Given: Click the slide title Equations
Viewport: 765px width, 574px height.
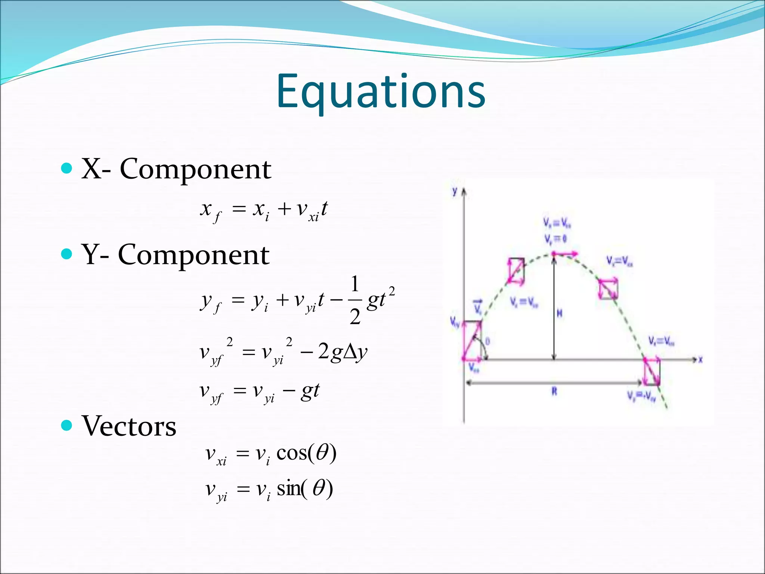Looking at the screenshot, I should click(381, 92).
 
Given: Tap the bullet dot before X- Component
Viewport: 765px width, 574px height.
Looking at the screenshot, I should click(66, 169).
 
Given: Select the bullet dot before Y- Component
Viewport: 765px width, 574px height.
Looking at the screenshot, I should click(66, 254).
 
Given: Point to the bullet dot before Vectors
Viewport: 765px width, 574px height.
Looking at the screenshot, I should click(66, 425).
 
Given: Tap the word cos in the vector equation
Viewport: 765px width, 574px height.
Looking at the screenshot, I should click(291, 453).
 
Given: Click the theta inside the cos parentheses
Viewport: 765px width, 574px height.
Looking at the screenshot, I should click(322, 453).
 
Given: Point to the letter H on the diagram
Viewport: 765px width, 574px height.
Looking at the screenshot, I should click(559, 313).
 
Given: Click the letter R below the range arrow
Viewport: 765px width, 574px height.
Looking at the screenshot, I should click(554, 392).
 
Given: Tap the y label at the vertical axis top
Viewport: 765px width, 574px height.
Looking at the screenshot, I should click(455, 191).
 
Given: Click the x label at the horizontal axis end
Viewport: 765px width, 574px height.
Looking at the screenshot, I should click(700, 359).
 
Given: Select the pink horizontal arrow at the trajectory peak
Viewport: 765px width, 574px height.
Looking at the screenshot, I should click(565, 254).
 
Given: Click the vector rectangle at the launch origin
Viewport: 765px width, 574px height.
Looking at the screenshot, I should click(472, 340).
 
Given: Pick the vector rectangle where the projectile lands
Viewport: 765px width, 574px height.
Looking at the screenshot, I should click(652, 372).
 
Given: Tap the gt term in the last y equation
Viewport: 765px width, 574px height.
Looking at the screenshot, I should click(310, 391).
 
